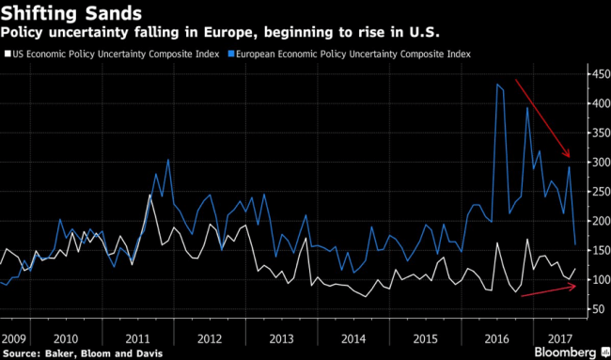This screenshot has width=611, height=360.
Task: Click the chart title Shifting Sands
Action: [x=70, y=14]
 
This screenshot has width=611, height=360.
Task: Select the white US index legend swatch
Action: [x=5, y=55]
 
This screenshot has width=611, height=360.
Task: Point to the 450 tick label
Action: [x=600, y=74]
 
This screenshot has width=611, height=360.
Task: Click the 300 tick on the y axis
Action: [x=600, y=162]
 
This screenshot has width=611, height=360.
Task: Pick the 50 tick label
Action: [x=598, y=309]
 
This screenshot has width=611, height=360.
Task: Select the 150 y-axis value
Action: [x=600, y=251]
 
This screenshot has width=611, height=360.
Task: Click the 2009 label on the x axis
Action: [x=13, y=338]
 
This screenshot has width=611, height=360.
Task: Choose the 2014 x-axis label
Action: [x=353, y=338]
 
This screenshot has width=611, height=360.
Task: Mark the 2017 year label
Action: [x=558, y=338]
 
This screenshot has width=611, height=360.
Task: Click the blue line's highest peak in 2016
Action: [x=497, y=84]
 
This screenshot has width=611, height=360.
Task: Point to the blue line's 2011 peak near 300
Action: [x=168, y=160]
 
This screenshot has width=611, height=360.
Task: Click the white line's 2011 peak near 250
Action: [x=150, y=195]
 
